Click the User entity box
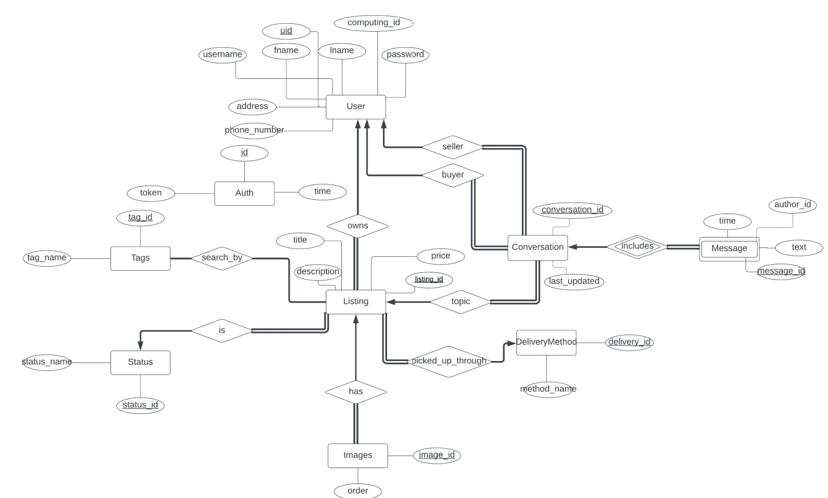(355, 106)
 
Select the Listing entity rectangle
(355, 301)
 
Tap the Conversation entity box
(537, 247)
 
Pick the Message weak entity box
(729, 248)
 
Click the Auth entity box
(244, 193)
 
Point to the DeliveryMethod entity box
(546, 342)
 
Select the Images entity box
(357, 455)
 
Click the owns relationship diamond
(357, 226)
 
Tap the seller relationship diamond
(452, 147)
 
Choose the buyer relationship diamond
(452, 175)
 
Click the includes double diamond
(637, 246)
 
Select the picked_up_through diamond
(449, 361)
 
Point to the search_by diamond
(222, 258)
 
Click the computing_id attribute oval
(374, 23)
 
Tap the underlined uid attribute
(286, 31)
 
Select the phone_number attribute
(254, 130)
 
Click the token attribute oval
(150, 193)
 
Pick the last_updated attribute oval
(574, 281)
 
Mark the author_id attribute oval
(792, 204)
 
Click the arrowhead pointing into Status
(140, 345)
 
